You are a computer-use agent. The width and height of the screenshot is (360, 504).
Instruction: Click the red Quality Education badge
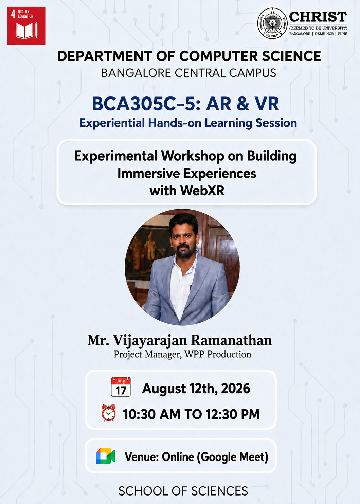(26, 26)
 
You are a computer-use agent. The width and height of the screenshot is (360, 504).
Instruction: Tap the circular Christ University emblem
(272, 23)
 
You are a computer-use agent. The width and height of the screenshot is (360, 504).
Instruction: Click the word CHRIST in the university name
(318, 17)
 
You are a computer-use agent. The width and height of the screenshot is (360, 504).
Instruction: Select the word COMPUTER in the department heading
(218, 56)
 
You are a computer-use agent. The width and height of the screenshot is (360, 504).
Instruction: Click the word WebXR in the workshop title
(202, 191)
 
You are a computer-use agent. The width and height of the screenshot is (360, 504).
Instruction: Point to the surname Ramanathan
(232, 340)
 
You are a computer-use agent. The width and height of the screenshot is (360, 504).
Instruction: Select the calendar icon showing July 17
(121, 387)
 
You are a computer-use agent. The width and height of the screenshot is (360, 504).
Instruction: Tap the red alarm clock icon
(109, 413)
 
